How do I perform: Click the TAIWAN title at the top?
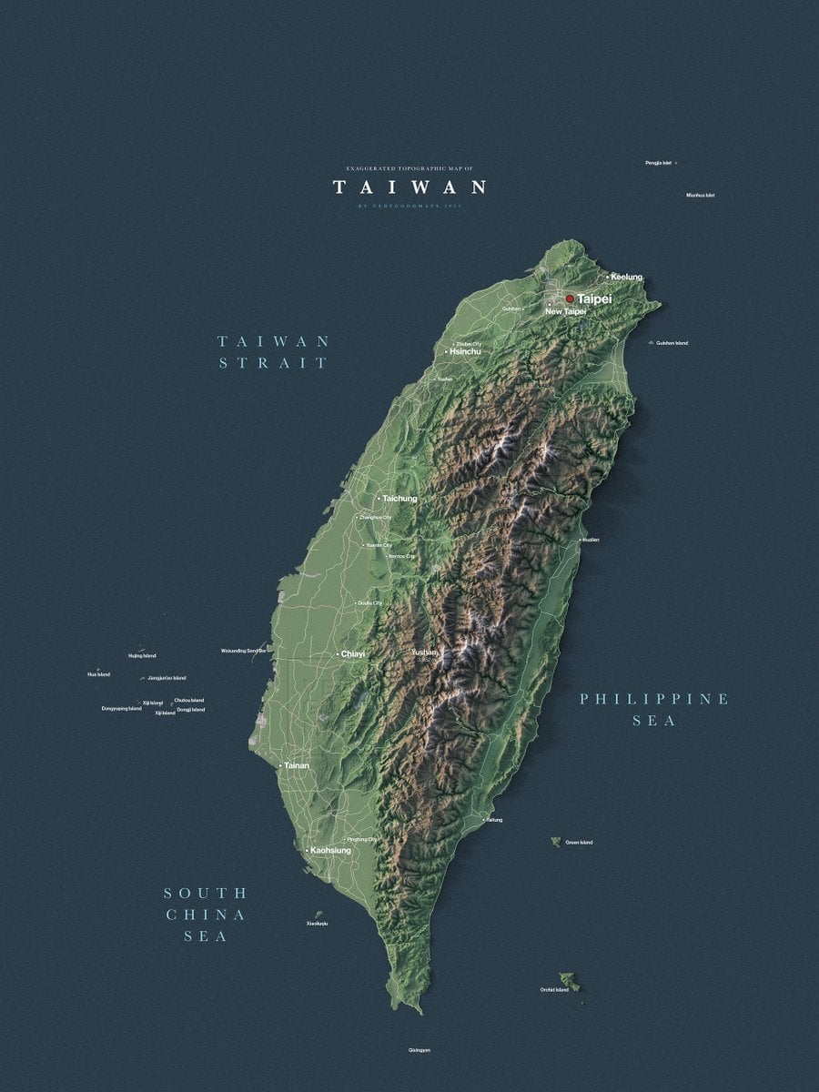(x=409, y=187)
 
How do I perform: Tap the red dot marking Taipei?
(x=570, y=298)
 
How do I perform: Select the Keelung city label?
(x=626, y=277)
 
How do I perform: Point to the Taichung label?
(x=399, y=499)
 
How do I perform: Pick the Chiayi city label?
(x=352, y=654)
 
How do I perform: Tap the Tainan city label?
(x=296, y=765)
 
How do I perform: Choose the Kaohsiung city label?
(x=329, y=850)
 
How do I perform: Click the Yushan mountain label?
(x=424, y=652)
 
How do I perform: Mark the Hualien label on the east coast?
(x=591, y=540)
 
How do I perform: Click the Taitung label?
(x=493, y=820)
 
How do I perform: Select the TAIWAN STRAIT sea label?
(x=273, y=352)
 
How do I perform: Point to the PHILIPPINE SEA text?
(x=654, y=710)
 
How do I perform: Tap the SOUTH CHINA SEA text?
(x=206, y=915)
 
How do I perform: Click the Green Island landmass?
(x=555, y=842)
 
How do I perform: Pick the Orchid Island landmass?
(x=570, y=982)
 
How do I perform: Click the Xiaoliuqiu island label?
(x=317, y=924)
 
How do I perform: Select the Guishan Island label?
(x=672, y=343)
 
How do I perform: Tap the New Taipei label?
(x=565, y=312)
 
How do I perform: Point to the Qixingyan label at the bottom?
(x=419, y=1050)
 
